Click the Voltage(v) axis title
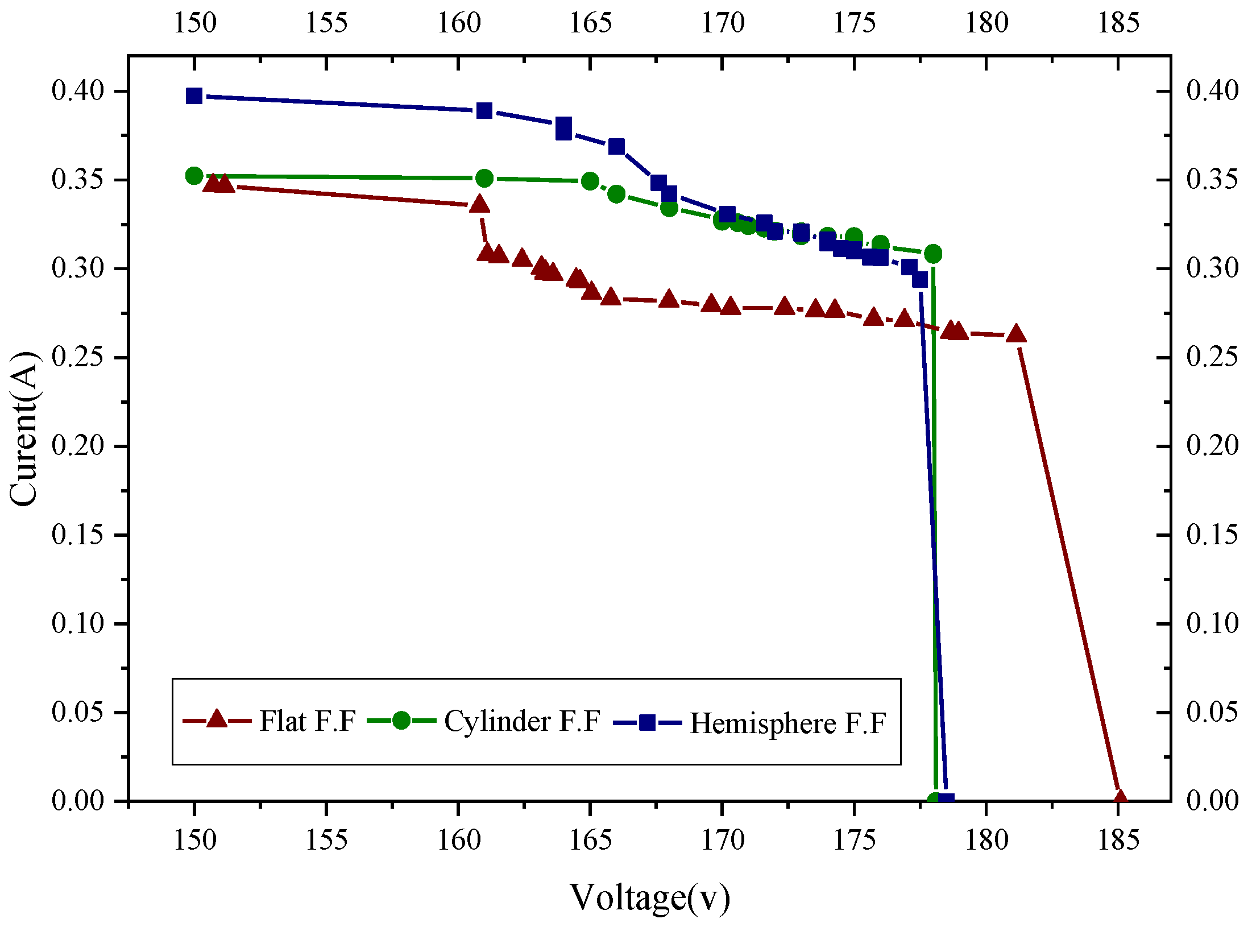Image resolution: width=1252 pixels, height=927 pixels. tap(650, 897)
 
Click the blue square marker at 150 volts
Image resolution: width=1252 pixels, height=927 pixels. tap(194, 96)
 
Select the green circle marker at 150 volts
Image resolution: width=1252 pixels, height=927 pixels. tap(194, 176)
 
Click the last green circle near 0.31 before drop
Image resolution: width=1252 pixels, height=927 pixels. tap(933, 254)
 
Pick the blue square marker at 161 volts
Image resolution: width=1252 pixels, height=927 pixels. tap(484, 110)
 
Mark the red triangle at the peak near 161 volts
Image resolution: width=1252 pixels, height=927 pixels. tap(480, 205)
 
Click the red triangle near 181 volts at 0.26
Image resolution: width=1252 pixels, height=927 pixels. tap(1016, 334)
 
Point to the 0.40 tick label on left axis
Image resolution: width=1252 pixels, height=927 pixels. tap(78, 91)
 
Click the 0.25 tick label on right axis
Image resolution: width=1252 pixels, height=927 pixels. tap(1212, 357)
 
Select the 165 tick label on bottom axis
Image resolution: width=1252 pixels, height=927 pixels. tap(590, 841)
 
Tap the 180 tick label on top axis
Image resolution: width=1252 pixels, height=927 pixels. tap(986, 23)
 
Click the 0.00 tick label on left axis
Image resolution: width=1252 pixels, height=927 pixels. tap(78, 801)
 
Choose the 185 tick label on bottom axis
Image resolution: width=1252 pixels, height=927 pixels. tap(1118, 841)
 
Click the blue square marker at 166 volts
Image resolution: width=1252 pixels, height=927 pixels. tap(617, 147)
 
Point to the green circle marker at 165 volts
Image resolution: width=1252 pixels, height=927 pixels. tap(590, 181)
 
